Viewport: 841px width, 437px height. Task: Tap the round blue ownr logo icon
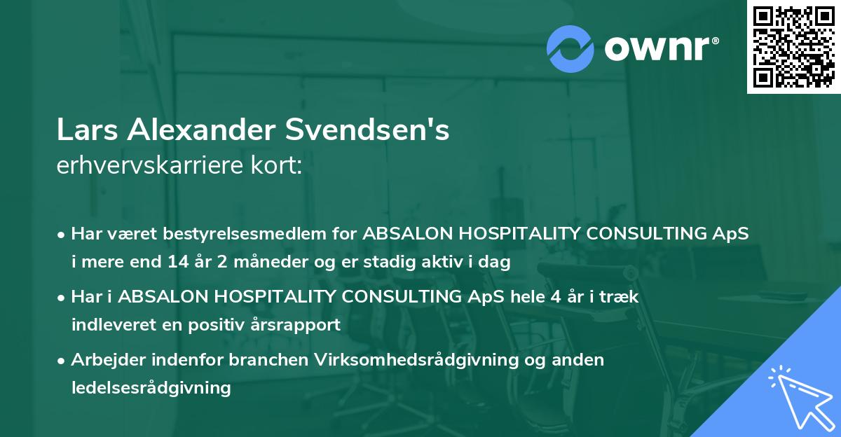[570, 48]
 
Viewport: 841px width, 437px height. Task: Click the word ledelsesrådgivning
[151, 388]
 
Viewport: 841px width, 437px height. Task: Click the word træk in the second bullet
[620, 297]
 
